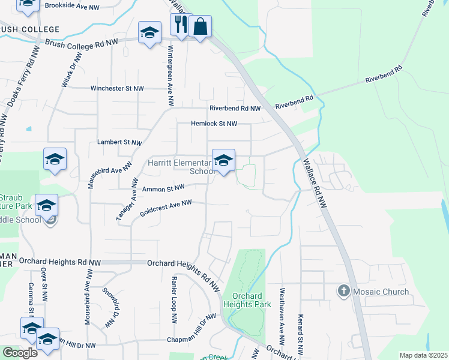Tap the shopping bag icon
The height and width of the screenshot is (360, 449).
(x=200, y=26)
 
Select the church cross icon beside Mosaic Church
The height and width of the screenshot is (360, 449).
(x=343, y=292)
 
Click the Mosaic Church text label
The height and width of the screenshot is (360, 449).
(x=380, y=292)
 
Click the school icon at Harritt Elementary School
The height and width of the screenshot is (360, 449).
(x=223, y=160)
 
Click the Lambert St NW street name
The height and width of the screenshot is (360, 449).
(x=119, y=143)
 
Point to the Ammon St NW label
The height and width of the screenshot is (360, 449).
(x=162, y=188)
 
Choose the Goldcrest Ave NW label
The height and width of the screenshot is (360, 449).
(x=165, y=208)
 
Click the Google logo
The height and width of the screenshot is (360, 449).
(x=20, y=353)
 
